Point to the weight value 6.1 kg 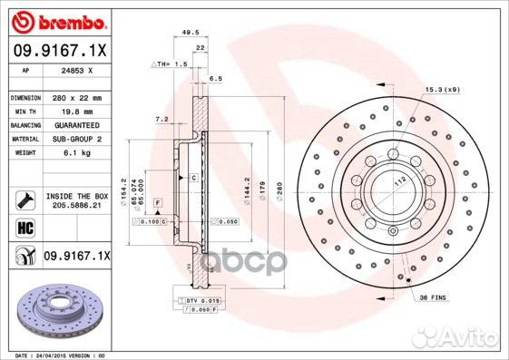pos(66,152)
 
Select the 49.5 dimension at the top pos(191,32)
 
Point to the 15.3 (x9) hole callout pos(442,89)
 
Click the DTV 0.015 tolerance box pos(205,300)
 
